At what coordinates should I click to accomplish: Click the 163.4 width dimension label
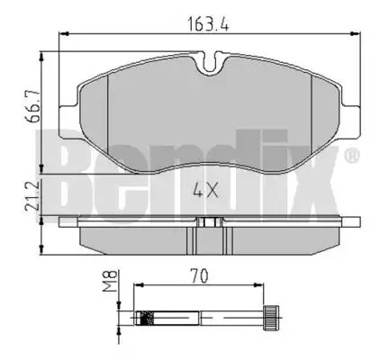pos(208,23)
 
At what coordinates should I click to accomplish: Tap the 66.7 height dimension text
pos(32,105)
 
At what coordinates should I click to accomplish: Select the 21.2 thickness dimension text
pos(32,196)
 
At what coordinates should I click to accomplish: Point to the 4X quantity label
pos(205,190)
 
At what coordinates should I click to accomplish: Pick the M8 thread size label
pos(109,281)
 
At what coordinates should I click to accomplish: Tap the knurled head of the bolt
pos(271,318)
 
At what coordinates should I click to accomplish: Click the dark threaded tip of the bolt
pos(146,318)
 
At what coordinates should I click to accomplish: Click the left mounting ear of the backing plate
pos(69,121)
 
